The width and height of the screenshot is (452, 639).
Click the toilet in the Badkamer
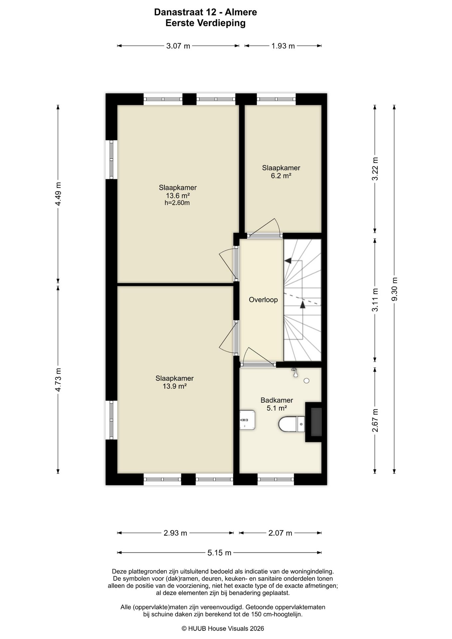coord(292,424)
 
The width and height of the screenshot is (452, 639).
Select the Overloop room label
coord(263,300)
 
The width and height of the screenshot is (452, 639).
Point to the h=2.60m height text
coord(177,203)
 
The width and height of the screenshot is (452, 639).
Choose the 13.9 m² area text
coord(174,386)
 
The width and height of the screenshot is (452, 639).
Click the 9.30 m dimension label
coord(394,289)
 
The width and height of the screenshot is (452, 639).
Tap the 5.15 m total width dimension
coord(219,553)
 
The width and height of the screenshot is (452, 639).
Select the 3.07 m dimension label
coord(178,46)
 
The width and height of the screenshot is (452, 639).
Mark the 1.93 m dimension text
coord(283,46)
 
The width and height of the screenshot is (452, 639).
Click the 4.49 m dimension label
coord(58,194)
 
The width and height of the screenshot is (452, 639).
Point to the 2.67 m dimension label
coord(375,420)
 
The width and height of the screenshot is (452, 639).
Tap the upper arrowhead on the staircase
coord(288,261)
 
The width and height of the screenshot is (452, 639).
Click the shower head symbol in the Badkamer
coord(295,373)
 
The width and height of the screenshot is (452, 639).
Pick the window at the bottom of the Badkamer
coord(276,479)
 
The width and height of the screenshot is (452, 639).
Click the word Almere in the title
coord(241,12)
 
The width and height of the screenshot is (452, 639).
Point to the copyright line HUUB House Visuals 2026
coord(223,628)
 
